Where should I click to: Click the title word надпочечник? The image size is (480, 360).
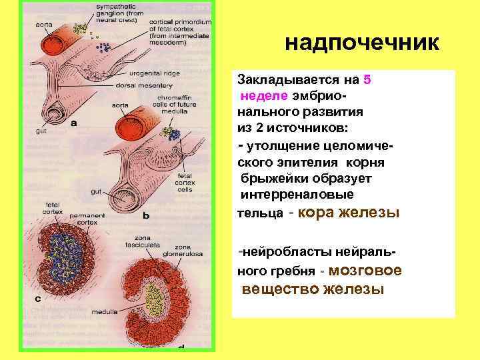tap(362, 44)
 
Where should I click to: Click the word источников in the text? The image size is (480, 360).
tap(306, 128)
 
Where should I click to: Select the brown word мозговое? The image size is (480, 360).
tap(366, 271)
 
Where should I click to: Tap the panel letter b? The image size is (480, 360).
tap(145, 215)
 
